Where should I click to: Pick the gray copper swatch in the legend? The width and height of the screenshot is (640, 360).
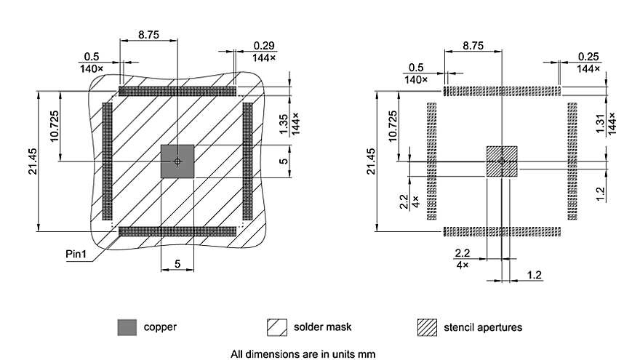[127, 327]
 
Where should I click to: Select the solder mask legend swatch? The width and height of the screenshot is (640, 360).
[277, 327]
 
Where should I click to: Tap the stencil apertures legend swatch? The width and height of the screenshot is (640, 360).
[427, 327]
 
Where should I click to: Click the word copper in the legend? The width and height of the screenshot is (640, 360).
[160, 327]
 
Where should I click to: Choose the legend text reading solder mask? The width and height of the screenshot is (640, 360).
[322, 327]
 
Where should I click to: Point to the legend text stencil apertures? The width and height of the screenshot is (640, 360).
[483, 327]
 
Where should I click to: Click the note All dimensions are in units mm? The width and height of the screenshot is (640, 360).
[303, 354]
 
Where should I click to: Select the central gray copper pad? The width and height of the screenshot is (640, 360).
[177, 161]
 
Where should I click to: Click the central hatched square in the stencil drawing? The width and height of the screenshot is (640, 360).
[502, 161]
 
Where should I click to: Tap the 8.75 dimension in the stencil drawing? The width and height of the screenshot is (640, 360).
[473, 45]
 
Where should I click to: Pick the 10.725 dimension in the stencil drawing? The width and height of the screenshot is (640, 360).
[393, 128]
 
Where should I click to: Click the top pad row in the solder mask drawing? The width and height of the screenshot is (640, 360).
[177, 92]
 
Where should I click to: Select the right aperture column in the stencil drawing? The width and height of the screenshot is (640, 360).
[572, 161]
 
